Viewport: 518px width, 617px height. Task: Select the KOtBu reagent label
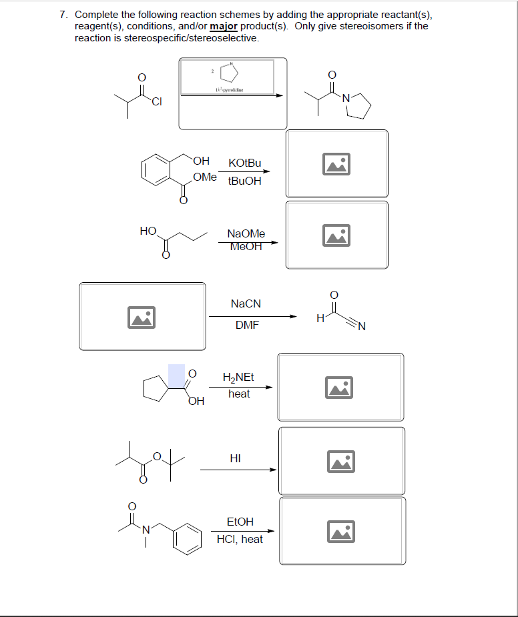tap(244, 163)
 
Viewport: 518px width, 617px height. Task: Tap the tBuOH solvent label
tap(244, 181)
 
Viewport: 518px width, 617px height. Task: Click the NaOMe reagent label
tap(246, 233)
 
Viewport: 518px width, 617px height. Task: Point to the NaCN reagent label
tap(246, 303)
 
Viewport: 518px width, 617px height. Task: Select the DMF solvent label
tap(246, 326)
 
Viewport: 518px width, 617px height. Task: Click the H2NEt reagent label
tap(238, 377)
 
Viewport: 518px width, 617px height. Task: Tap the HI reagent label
tap(235, 458)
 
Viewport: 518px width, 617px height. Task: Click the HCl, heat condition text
tap(240, 539)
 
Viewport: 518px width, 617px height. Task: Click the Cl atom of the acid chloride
tap(156, 101)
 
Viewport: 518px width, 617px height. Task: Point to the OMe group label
tap(205, 177)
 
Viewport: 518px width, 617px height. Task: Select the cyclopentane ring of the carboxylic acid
tap(156, 388)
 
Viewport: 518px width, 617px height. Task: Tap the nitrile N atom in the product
tap(362, 326)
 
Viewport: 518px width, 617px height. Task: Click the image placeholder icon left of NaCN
tap(142, 318)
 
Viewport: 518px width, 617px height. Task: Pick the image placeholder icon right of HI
tap(342, 460)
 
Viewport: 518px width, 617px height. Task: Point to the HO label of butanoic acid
tap(148, 231)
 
